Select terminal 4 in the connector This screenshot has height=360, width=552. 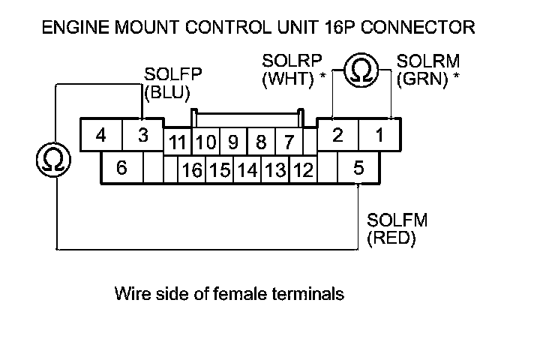click(100, 136)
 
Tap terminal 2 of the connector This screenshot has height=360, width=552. click(337, 136)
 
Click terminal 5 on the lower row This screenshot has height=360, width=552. click(358, 168)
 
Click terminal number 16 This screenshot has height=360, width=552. click(192, 171)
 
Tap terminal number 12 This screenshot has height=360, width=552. click(303, 171)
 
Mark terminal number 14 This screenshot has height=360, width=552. click(247, 171)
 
